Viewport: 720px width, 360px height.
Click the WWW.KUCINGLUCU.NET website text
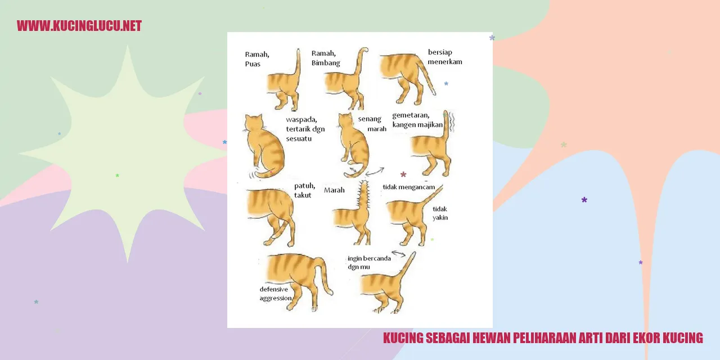pyautogui.click(x=79, y=26)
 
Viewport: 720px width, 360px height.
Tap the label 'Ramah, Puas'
pyautogui.click(x=257, y=59)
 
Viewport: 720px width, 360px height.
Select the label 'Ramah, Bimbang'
pyautogui.click(x=326, y=58)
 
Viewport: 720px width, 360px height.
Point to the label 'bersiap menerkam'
pyautogui.click(x=445, y=57)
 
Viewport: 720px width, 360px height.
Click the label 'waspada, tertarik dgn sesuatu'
pyautogui.click(x=305, y=129)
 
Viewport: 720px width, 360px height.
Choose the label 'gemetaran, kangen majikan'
pyautogui.click(x=417, y=120)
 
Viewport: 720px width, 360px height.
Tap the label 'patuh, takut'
pyautogui.click(x=304, y=190)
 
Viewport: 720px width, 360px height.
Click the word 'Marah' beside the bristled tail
pyautogui.click(x=334, y=190)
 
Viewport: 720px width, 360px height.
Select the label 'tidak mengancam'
pyautogui.click(x=408, y=187)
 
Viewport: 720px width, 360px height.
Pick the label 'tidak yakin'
pyautogui.click(x=440, y=213)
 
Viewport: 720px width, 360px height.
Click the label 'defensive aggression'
pyautogui.click(x=276, y=294)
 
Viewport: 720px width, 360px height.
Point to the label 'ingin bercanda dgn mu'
pyautogui.click(x=369, y=263)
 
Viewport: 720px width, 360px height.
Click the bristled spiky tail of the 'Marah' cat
pyautogui.click(x=363, y=199)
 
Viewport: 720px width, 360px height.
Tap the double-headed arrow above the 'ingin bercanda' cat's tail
pyautogui.click(x=399, y=254)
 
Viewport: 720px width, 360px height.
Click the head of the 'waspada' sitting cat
pyautogui.click(x=254, y=123)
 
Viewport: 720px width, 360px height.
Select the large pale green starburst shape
pyautogui.click(x=128, y=154)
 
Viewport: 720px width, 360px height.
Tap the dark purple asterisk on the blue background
pyautogui.click(x=584, y=200)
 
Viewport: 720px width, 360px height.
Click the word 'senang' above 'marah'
pyautogui.click(x=370, y=119)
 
